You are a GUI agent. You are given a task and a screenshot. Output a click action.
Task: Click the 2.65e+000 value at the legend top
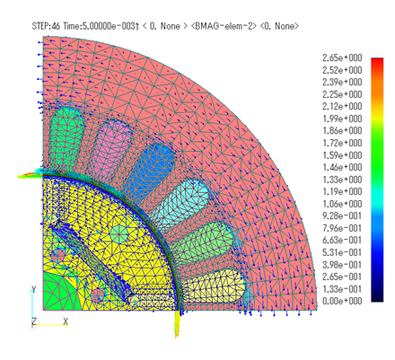[x=342, y=57]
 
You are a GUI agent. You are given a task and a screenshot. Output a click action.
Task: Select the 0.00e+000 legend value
[x=342, y=301]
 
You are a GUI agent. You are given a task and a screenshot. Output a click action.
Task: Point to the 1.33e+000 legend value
[x=342, y=180]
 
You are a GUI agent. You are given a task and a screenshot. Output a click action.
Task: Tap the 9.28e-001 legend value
[x=342, y=215]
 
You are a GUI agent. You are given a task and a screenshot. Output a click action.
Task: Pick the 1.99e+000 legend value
[x=342, y=119]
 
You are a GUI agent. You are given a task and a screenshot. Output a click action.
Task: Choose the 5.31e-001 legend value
[x=342, y=252]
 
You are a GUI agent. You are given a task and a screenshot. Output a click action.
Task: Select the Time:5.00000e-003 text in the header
[x=99, y=26]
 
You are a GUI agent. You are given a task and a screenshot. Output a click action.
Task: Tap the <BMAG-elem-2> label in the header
[x=224, y=26]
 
